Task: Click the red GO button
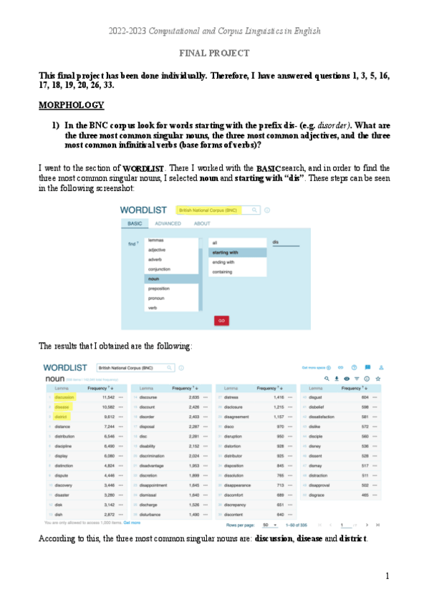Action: (x=221, y=321)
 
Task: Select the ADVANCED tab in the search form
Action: (x=167, y=223)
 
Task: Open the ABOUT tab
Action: (x=202, y=223)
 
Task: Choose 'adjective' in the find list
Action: (x=157, y=250)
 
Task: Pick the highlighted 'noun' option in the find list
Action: (x=153, y=278)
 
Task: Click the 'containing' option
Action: (x=223, y=272)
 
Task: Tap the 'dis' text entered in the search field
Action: (x=276, y=242)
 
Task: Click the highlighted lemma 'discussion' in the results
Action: (x=64, y=397)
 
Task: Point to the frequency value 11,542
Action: (x=108, y=397)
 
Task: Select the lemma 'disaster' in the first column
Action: (x=64, y=494)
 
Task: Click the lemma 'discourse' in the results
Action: (x=149, y=397)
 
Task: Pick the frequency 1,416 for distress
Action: (x=279, y=397)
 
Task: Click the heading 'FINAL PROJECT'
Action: (x=214, y=53)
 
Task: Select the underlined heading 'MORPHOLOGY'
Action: (x=72, y=105)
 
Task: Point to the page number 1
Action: (x=387, y=576)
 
